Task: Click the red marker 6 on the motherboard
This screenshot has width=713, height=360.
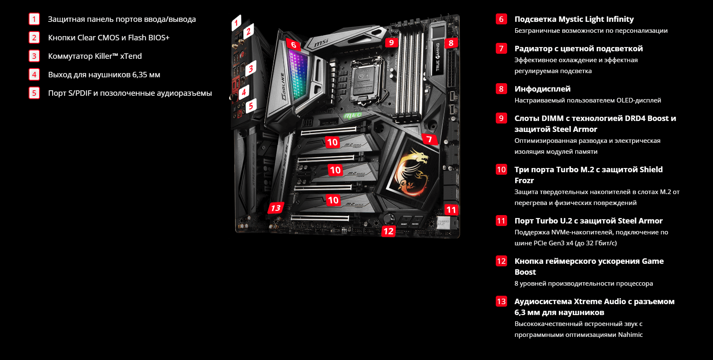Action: click(x=293, y=45)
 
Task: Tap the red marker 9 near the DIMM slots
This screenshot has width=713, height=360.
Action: click(x=391, y=42)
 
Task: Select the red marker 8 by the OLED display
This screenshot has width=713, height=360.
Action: click(x=451, y=43)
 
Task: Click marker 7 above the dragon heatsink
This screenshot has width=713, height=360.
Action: click(x=429, y=139)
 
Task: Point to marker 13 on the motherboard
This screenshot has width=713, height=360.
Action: click(x=276, y=208)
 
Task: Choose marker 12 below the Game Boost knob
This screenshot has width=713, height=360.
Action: click(x=388, y=231)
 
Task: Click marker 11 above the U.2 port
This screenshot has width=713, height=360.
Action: click(x=451, y=210)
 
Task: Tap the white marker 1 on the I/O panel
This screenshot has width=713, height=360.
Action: click(x=236, y=23)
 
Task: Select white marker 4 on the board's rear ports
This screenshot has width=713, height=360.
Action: click(x=244, y=92)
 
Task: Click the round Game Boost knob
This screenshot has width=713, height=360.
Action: click(x=388, y=219)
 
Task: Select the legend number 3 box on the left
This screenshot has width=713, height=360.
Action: click(x=34, y=56)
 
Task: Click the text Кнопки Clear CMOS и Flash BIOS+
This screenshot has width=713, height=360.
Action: click(x=109, y=37)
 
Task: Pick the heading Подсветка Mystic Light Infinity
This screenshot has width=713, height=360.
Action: click(x=574, y=19)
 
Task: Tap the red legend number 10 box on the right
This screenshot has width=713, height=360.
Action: click(x=501, y=169)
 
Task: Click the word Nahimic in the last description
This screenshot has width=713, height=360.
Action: click(x=630, y=334)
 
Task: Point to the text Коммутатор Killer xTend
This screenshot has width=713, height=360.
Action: click(x=95, y=56)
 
